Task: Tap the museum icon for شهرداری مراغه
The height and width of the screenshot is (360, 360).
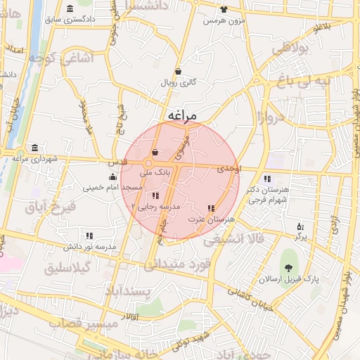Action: point(34,148)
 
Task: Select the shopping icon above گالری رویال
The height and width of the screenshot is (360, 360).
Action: point(178,71)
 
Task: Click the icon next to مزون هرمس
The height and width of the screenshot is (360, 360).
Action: point(224,9)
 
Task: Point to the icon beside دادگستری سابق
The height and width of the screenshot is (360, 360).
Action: point(69,8)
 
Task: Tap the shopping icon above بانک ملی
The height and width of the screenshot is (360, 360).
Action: point(155,153)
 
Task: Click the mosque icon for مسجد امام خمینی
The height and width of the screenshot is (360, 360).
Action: point(113,176)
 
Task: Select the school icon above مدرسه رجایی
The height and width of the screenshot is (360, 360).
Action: point(155,195)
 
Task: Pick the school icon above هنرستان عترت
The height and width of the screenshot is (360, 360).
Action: point(211,208)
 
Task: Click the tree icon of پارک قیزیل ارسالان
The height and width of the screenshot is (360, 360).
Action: point(288,267)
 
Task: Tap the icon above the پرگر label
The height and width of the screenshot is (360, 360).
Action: point(301,226)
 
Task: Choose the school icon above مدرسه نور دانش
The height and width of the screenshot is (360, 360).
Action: point(89,236)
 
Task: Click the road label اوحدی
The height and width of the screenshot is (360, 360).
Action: point(229,169)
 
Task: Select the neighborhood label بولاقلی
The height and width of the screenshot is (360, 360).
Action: point(290,49)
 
